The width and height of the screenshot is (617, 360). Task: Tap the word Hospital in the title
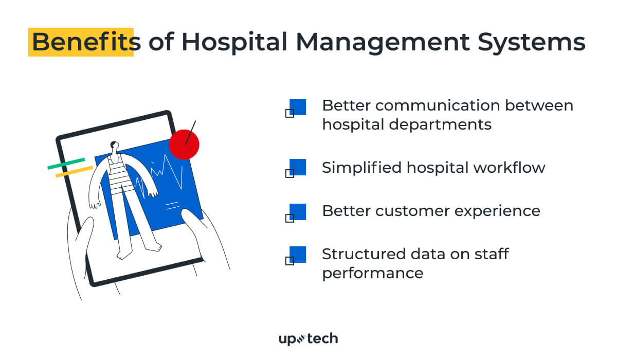pyautogui.click(x=233, y=42)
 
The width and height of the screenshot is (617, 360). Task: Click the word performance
pyautogui.click(x=373, y=273)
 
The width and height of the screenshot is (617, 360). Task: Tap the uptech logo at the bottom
pyautogui.click(x=308, y=338)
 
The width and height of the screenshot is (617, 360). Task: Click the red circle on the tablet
pyautogui.click(x=184, y=144)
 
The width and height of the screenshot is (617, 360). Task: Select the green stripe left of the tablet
pyautogui.click(x=66, y=164)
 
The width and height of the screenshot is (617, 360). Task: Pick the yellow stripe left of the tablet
pyautogui.click(x=74, y=172)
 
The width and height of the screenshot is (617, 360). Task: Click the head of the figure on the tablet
pyautogui.click(x=115, y=146)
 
